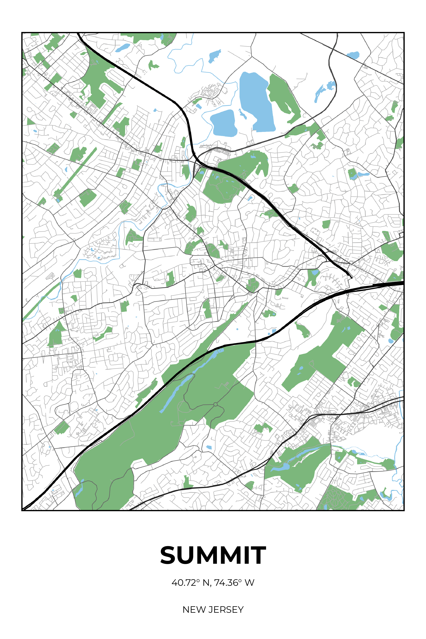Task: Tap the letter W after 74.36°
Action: tap(249, 583)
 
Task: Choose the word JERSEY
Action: tap(226, 610)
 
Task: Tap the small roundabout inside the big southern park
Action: tap(215, 405)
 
